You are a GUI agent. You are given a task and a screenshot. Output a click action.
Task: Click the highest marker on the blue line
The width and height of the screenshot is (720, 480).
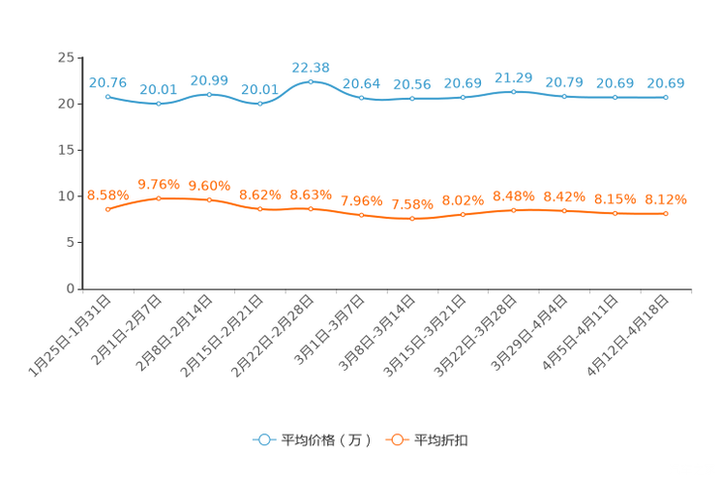tap(311, 81)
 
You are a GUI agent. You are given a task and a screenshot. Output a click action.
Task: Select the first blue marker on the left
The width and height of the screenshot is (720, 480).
tap(107, 96)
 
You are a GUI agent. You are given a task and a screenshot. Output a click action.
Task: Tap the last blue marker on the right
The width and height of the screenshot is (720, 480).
tap(666, 97)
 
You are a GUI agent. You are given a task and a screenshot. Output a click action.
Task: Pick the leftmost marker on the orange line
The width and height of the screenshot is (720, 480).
tap(107, 209)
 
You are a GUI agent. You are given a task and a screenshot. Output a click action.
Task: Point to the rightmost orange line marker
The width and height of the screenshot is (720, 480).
tap(666, 213)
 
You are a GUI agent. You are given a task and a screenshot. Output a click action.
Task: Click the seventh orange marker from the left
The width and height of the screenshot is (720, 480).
tap(412, 219)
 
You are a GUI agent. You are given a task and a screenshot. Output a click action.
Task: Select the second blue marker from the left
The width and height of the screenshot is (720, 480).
tap(158, 103)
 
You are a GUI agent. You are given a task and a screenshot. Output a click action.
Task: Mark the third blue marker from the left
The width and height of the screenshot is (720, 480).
tap(209, 94)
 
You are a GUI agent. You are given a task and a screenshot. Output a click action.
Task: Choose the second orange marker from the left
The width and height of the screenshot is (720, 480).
tap(158, 197)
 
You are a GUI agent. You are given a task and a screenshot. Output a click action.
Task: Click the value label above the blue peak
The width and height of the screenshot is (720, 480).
tap(311, 67)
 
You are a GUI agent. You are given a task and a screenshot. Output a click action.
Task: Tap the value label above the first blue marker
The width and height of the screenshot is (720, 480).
tap(107, 82)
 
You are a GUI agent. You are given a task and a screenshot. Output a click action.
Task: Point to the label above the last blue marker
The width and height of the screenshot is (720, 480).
tap(666, 83)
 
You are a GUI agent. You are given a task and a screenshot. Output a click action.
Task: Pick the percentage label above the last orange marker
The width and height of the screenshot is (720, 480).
tap(666, 199)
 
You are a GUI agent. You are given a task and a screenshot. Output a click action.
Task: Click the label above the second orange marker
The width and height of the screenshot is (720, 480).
tap(158, 183)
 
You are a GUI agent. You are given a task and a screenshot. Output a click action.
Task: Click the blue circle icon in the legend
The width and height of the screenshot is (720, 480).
tap(263, 439)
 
